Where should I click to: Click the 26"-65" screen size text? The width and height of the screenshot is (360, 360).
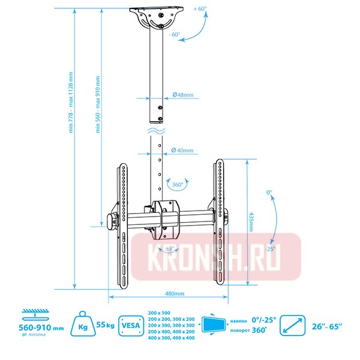tap(328, 326)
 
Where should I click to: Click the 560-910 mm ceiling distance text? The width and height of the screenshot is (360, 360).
tap(41, 329)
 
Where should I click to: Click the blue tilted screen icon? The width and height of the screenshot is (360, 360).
tap(214, 325)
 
